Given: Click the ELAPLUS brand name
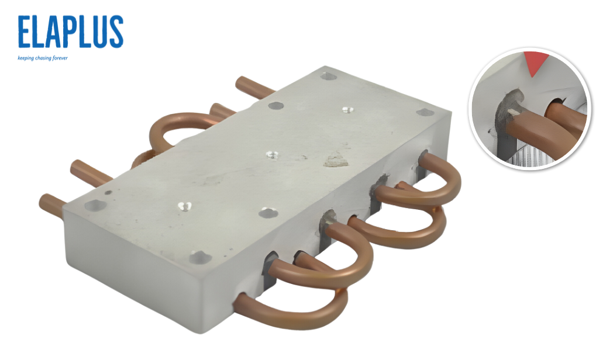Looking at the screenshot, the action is pos(70,32).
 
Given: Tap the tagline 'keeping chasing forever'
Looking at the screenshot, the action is pos(43,58).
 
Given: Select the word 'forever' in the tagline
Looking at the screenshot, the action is pos(60,58).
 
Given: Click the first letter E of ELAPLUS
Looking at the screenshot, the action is pos(24,32).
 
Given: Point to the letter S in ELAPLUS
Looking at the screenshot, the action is pos(116,32).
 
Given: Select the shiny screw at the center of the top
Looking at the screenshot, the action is pos(272,155).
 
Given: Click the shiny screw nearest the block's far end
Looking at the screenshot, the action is pos(348,110).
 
